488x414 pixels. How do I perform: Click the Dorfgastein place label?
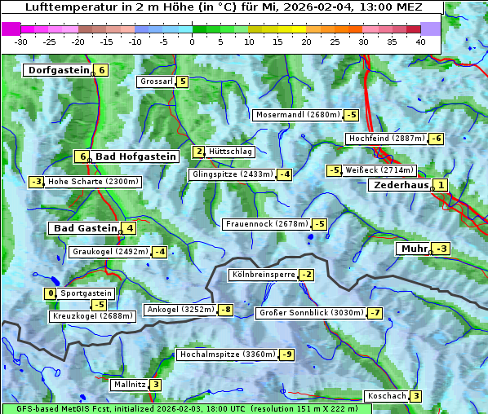point(58,70)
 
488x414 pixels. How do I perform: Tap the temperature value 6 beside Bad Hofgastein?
point(81,156)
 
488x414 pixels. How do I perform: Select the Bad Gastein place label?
point(86,228)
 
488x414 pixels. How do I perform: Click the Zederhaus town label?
point(400,185)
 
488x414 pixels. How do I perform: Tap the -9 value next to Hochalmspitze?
point(286,355)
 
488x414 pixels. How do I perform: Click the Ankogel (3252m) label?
point(180,310)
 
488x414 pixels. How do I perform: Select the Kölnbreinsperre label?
point(263,275)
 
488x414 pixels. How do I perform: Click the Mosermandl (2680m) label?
point(297,115)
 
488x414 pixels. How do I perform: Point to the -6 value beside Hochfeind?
point(437,139)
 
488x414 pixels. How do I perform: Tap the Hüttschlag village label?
point(231,152)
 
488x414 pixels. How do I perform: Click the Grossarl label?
point(156,81)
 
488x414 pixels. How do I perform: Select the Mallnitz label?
point(129,385)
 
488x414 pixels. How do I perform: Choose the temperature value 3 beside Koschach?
point(415,396)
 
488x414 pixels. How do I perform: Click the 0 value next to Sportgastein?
point(51,293)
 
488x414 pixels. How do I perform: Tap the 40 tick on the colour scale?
point(420,42)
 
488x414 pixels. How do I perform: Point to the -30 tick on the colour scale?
point(21,42)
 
